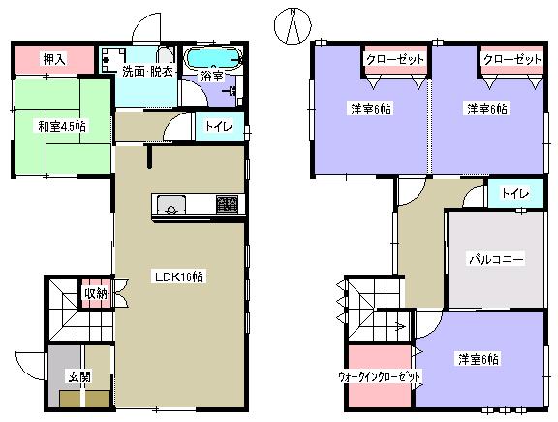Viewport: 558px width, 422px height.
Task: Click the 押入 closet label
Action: click(53, 60)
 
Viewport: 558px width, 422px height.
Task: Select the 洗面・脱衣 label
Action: click(147, 70)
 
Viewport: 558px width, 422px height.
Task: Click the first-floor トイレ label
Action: click(219, 127)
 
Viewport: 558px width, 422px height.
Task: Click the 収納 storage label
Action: click(95, 294)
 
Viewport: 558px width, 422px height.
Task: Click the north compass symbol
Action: click(292, 26)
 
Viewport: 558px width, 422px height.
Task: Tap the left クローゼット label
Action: click(394, 60)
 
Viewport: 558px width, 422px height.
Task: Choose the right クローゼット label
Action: click(512, 60)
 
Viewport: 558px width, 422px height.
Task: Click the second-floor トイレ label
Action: click(512, 194)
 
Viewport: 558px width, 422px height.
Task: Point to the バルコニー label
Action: click(496, 259)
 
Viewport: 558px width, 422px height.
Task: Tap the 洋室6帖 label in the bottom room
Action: click(479, 360)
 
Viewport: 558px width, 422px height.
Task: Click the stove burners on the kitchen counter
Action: click(226, 204)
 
